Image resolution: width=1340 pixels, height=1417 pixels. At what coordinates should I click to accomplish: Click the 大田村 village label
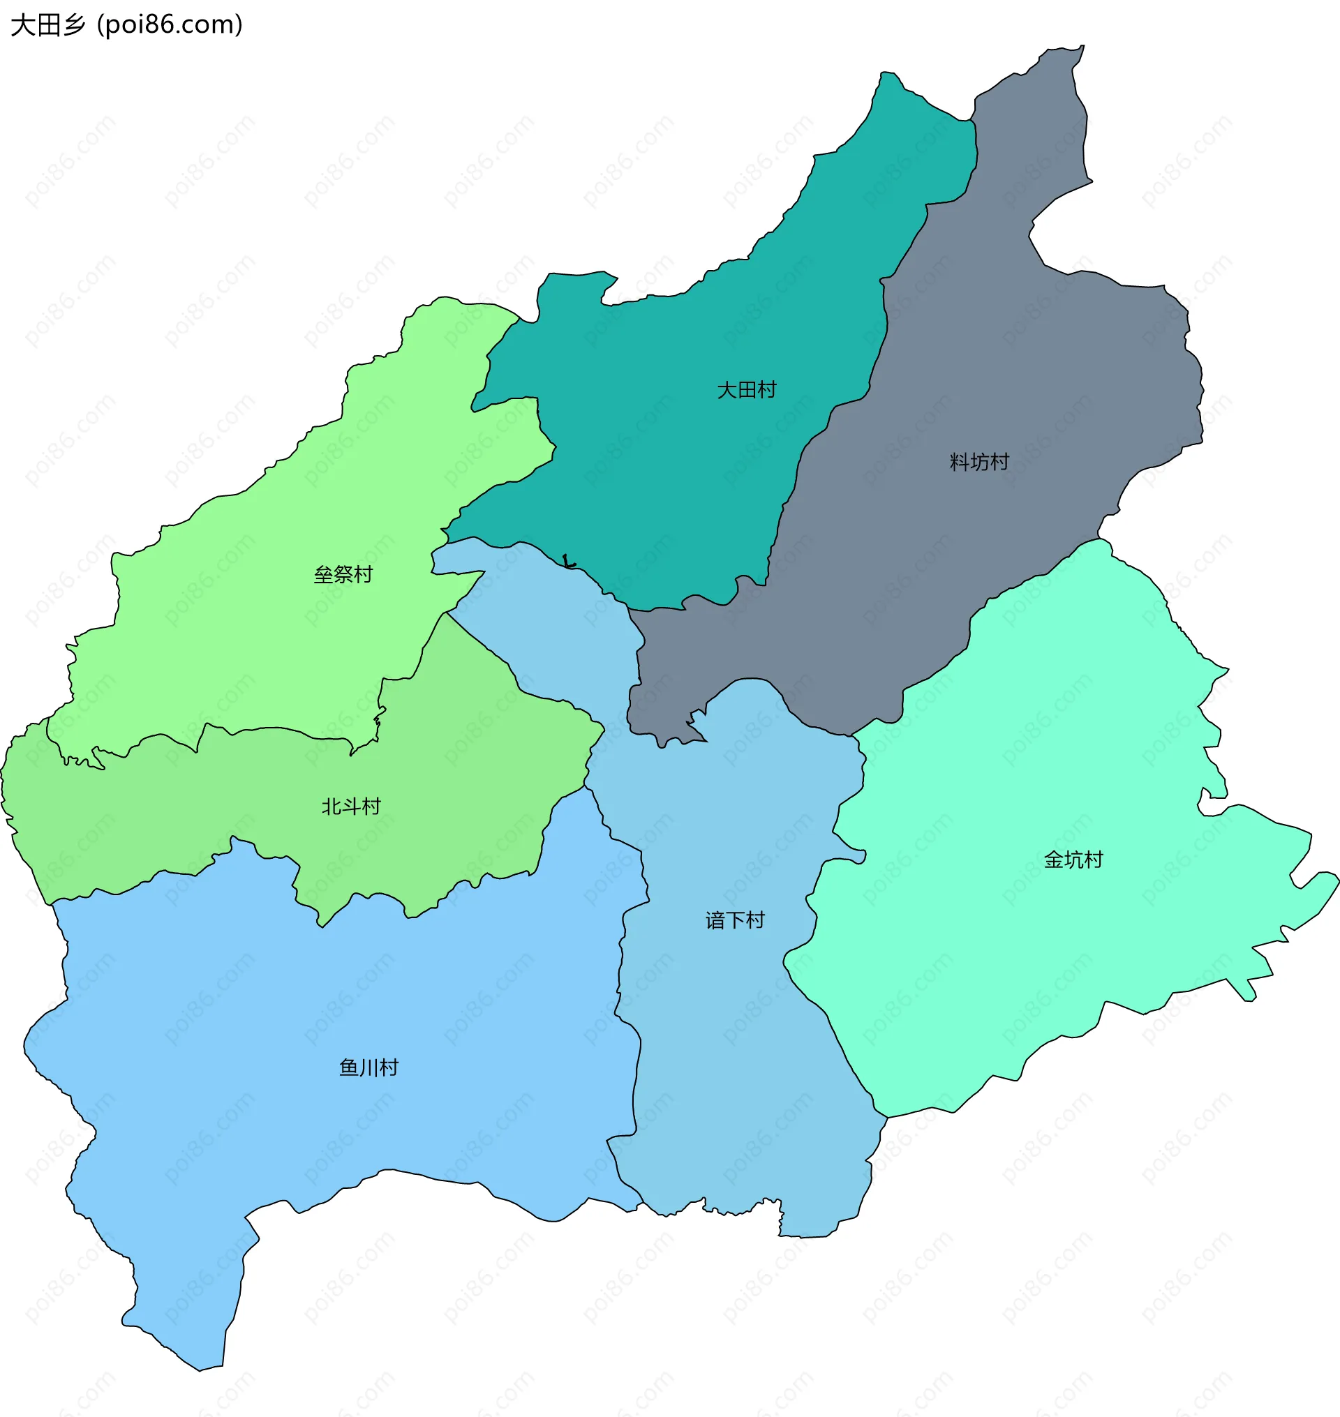click(x=747, y=390)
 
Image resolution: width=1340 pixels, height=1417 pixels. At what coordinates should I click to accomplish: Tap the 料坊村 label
click(x=979, y=462)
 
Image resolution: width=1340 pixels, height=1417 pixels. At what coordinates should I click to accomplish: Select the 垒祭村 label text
click(x=343, y=574)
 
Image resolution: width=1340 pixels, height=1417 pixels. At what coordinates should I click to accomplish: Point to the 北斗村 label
click(x=351, y=807)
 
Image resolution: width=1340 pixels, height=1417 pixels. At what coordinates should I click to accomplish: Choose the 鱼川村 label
click(x=368, y=1067)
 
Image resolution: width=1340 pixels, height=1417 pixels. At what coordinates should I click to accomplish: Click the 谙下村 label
click(x=735, y=920)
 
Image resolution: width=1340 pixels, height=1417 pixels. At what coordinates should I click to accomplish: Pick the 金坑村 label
click(x=1073, y=860)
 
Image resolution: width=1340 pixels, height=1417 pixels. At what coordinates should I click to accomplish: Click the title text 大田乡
click(x=48, y=25)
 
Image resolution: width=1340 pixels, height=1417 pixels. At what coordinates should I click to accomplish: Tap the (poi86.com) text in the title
click(x=170, y=25)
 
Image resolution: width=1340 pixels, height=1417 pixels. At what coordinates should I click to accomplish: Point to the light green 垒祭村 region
click(x=285, y=643)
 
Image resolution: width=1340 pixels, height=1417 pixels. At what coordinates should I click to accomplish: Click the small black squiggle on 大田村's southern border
click(x=569, y=562)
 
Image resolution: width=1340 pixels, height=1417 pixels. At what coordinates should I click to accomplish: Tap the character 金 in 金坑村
click(x=1054, y=860)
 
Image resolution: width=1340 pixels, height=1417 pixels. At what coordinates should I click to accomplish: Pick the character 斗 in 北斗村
click(x=351, y=807)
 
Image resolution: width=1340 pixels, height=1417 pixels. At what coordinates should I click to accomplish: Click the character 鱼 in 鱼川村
click(x=348, y=1067)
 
